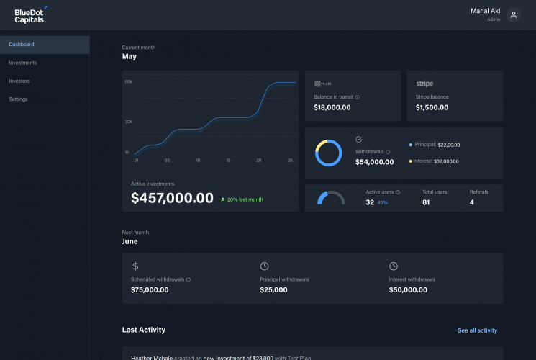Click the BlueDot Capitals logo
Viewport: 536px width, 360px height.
[29, 15]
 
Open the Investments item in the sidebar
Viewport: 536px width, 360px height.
[23, 63]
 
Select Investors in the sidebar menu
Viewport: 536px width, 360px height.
[19, 81]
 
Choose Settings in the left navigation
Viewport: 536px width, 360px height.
[19, 99]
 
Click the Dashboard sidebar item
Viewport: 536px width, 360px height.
[22, 45]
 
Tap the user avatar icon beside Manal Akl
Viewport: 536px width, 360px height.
[513, 15]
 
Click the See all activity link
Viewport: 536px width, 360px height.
[477, 330]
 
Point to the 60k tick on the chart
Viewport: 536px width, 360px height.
[128, 82]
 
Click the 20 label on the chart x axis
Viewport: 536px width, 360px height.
[258, 160]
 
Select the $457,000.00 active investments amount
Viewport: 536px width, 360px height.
[172, 198]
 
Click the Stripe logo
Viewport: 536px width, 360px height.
[424, 84]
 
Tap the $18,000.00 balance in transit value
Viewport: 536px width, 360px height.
[332, 107]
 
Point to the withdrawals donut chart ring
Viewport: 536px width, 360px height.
[329, 153]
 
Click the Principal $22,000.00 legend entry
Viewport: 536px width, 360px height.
[435, 145]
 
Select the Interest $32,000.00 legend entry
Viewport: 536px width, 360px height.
[435, 161]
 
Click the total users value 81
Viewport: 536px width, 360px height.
[426, 202]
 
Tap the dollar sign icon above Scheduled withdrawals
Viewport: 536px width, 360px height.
[135, 266]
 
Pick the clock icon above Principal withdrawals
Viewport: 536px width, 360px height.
[264, 266]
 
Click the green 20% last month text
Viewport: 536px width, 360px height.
[242, 199]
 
